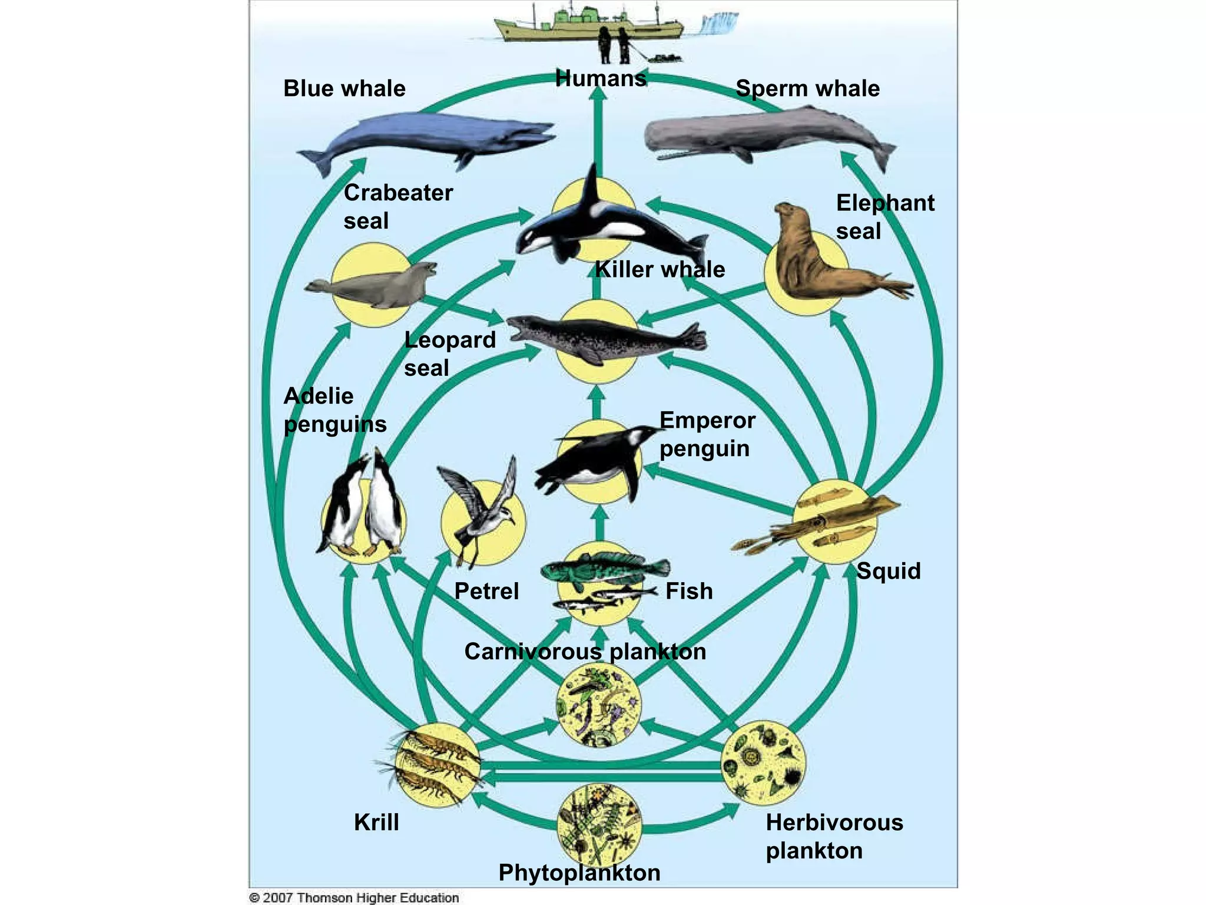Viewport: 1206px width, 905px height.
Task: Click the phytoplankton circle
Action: tap(599, 825)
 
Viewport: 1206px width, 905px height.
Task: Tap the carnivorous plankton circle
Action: tap(599, 704)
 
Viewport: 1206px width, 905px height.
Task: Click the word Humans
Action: tap(601, 78)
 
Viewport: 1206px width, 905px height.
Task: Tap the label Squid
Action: tap(889, 570)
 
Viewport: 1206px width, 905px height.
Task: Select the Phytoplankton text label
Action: tap(579, 873)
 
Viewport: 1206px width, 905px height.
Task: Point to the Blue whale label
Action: tap(344, 88)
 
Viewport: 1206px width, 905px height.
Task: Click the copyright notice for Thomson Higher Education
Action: tap(354, 897)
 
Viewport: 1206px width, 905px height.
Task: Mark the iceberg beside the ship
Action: tap(720, 22)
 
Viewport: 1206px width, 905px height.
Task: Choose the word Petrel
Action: tap(486, 591)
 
